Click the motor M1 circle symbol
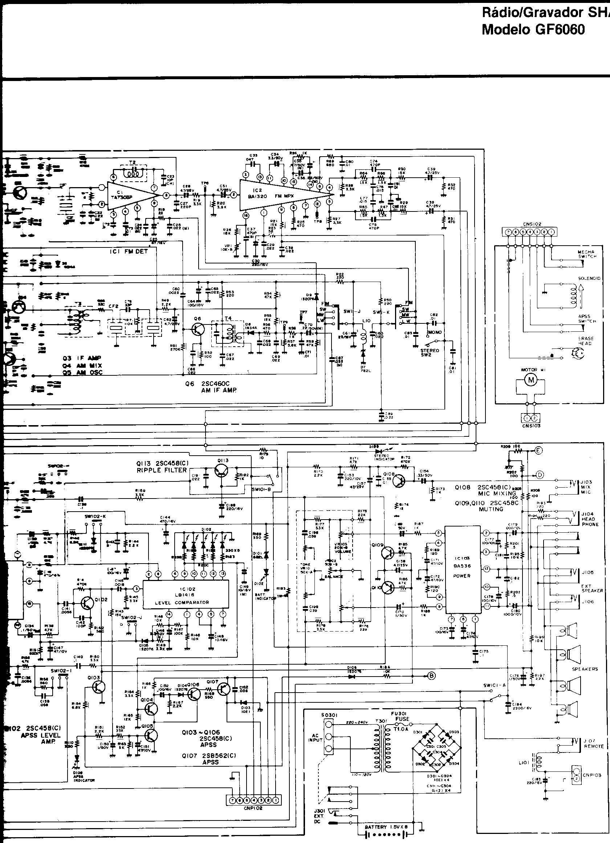tap(530, 379)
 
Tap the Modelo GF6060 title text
tap(533, 29)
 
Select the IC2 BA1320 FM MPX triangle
tap(282, 195)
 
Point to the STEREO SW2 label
tap(430, 352)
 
